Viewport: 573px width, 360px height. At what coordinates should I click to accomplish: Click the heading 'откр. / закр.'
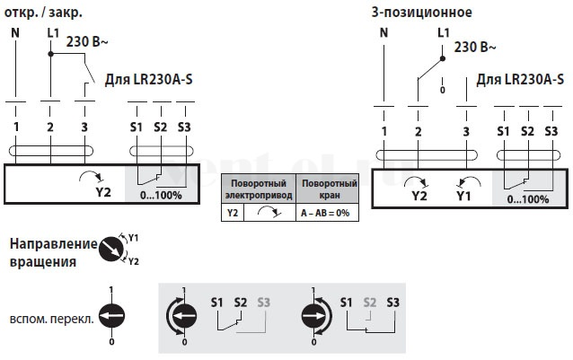pos(43,13)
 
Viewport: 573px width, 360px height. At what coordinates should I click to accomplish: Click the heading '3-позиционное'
pos(422,13)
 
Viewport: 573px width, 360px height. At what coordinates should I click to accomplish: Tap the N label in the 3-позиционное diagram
pos(383,33)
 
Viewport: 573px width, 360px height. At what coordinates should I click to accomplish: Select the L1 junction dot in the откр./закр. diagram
pos(51,54)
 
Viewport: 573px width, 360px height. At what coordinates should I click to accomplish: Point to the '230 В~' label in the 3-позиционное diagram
pos(475,47)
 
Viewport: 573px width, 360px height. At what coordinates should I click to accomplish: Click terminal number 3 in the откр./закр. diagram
pos(84,127)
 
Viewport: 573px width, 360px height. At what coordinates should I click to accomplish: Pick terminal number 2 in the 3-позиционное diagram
pos(418,131)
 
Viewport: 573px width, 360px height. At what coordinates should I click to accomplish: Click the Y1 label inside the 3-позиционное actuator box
pos(463,196)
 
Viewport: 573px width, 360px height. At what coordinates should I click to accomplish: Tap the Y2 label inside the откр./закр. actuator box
pos(103,192)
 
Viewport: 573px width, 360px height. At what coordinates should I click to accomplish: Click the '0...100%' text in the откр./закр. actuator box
pos(161,196)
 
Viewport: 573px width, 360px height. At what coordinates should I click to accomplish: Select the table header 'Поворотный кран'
pos(330,189)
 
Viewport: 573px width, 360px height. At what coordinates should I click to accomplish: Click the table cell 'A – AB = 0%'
pos(325,213)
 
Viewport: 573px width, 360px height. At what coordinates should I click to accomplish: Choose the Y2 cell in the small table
pos(233,213)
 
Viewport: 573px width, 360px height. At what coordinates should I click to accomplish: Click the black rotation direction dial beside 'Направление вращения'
pos(111,249)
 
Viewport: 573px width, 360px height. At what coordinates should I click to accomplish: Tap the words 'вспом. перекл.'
pos(52,319)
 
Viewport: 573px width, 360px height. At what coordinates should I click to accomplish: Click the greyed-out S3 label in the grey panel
pos(263,303)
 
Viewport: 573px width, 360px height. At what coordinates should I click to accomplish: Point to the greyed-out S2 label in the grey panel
pos(369,303)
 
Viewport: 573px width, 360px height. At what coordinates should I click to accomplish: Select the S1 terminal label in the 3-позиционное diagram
pos(503,131)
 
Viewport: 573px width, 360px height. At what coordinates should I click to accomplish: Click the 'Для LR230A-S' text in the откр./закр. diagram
pos(149,79)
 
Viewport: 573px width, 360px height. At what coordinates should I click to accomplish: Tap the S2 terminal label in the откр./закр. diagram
pos(161,127)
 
